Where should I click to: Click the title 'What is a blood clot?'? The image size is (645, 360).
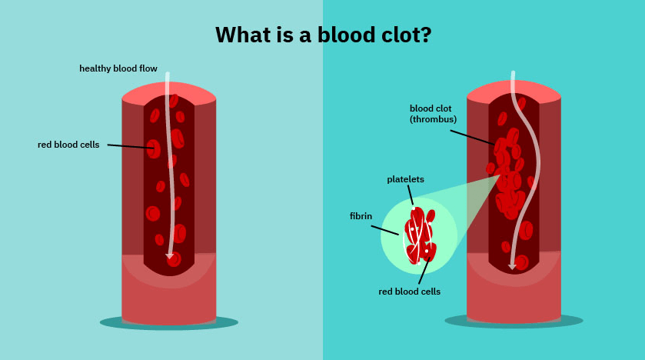(323, 35)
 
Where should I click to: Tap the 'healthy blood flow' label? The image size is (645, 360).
(118, 68)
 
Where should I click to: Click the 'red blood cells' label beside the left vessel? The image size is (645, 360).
(68, 145)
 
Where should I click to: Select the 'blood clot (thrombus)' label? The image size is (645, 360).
(433, 114)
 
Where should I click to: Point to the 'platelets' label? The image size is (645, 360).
(405, 179)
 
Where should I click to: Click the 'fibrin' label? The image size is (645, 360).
(361, 216)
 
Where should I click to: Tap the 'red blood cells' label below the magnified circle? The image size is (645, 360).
(409, 292)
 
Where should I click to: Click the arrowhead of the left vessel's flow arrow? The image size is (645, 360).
(169, 256)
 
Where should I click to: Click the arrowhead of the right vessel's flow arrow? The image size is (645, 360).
(512, 267)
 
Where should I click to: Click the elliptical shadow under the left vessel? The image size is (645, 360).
(168, 323)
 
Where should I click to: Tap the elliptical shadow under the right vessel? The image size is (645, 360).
(514, 321)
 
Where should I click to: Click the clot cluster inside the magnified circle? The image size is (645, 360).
(420, 235)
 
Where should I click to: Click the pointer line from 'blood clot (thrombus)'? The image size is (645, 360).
(471, 137)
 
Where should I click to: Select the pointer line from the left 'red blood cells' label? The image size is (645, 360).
(129, 146)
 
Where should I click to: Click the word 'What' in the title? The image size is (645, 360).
(239, 35)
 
